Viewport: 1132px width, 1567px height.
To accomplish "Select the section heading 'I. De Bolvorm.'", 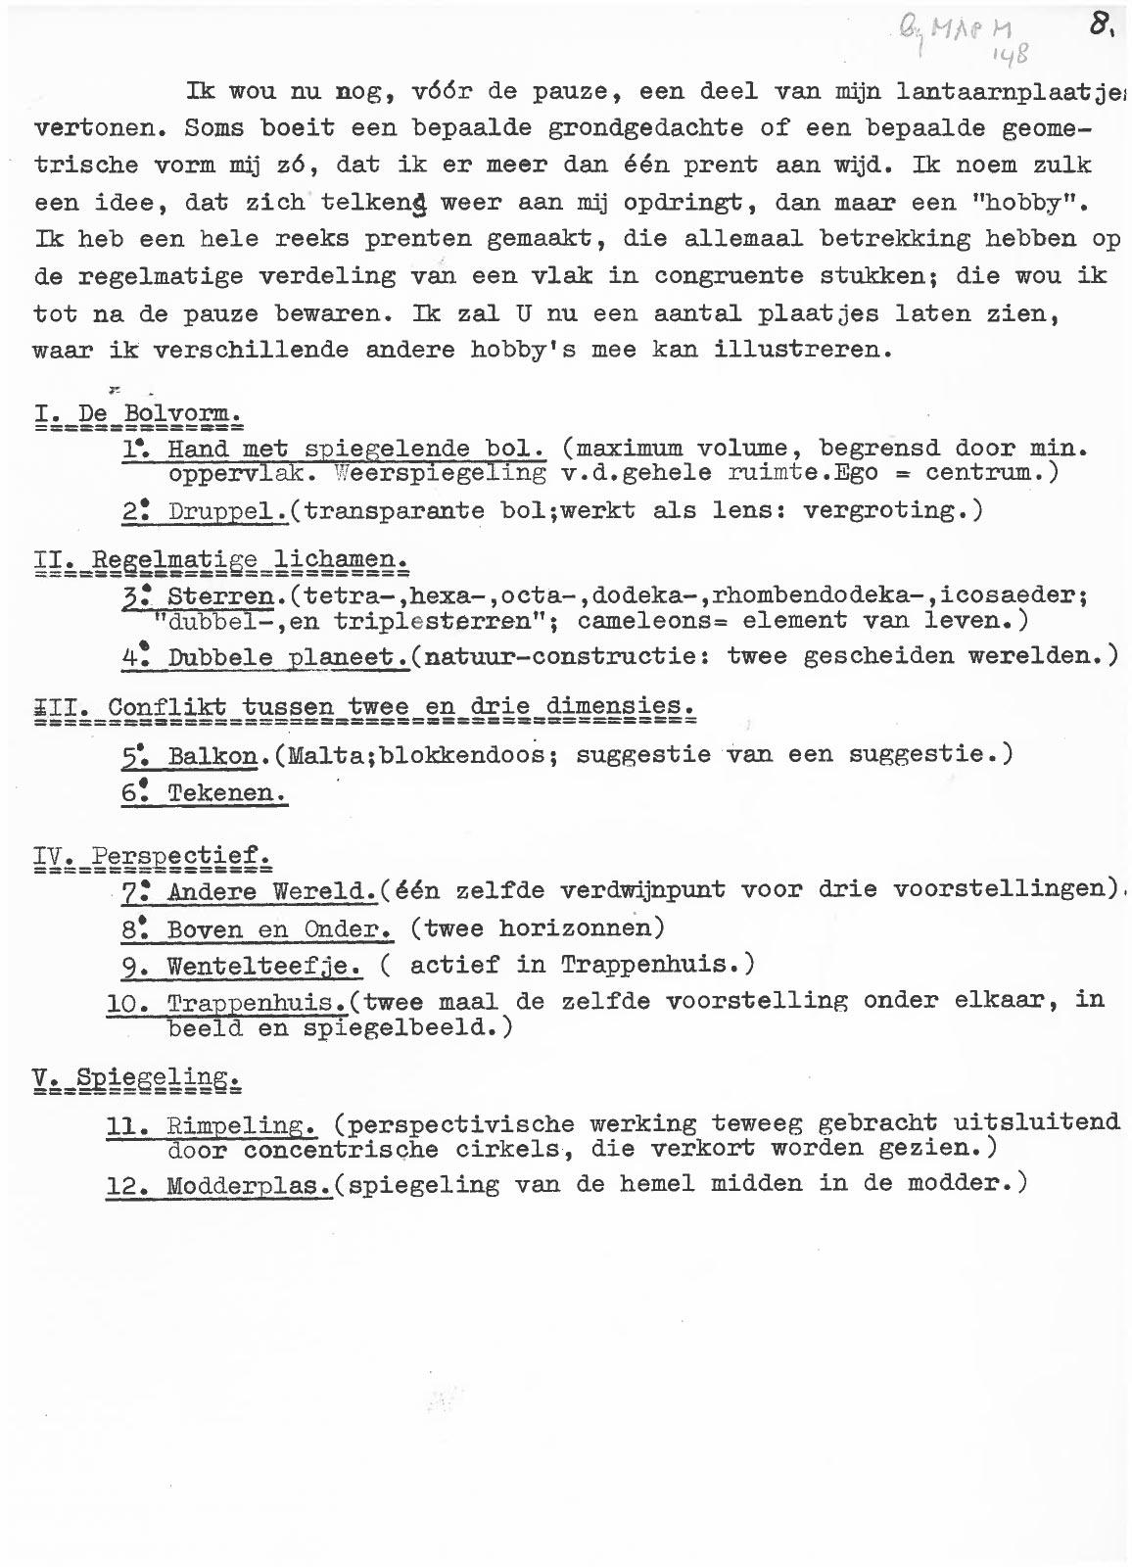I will [137, 414].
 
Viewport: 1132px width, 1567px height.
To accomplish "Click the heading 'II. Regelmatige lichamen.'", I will [220, 561].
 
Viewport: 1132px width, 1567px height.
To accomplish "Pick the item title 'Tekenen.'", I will [227, 793].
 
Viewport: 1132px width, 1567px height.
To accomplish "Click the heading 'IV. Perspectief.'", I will [152, 857].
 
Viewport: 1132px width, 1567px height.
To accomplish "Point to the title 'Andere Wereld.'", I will [272, 891].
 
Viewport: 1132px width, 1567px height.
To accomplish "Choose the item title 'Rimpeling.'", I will [241, 1123].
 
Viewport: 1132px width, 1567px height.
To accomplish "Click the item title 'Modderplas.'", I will [249, 1185].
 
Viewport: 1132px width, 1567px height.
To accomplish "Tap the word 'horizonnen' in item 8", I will [575, 927].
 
